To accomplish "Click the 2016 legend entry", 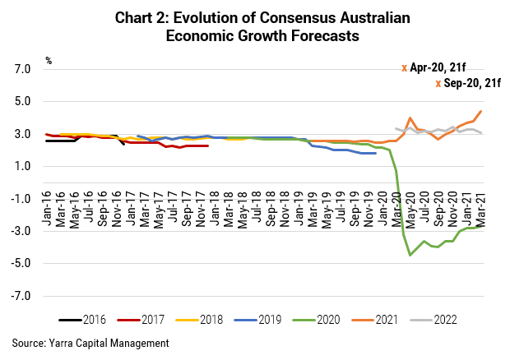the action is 82,320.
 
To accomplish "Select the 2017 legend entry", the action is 141,320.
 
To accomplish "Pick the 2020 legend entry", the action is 317,320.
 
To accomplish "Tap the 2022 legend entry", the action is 433,320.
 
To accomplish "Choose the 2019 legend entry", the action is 258,320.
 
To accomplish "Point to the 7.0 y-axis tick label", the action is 22,69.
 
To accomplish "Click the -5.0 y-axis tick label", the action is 21,263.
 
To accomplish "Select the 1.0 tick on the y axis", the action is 22,166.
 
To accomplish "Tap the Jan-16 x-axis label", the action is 47,208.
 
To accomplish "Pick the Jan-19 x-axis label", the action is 299,208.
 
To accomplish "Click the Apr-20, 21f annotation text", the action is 438,67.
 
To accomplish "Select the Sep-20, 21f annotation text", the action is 472,83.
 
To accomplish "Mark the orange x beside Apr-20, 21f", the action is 404,68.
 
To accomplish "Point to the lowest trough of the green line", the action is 410,255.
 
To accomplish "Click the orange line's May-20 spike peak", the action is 410,118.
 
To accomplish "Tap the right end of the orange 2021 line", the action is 481,111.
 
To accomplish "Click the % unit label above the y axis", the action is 49,61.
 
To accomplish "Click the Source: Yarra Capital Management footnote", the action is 90,343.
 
